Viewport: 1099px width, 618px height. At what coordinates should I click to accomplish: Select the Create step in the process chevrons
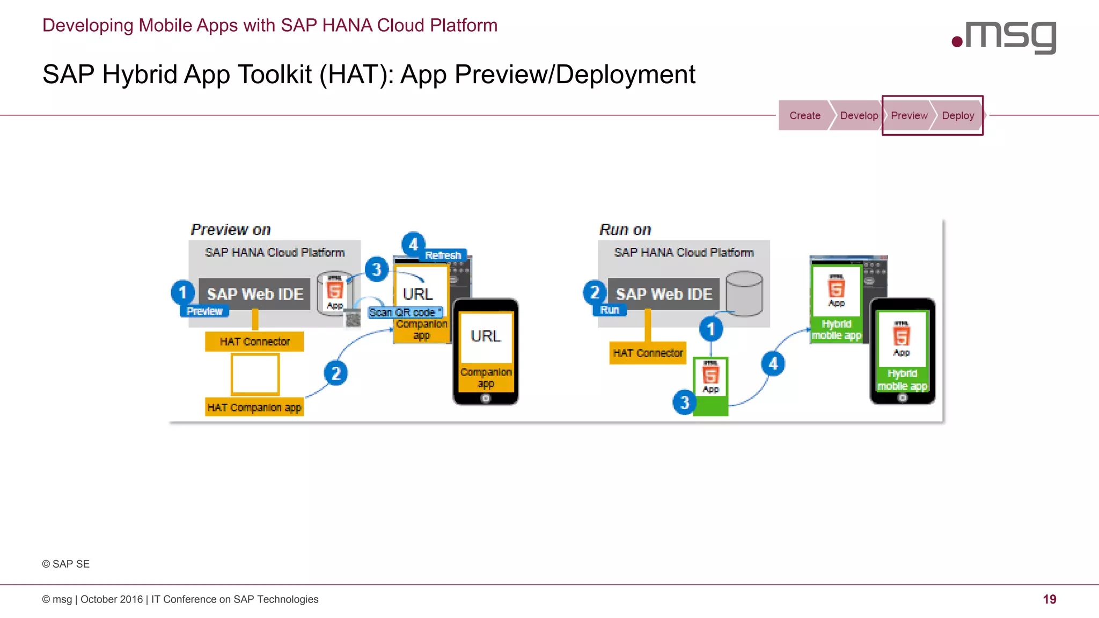click(804, 115)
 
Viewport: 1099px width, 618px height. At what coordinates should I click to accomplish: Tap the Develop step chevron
click(858, 115)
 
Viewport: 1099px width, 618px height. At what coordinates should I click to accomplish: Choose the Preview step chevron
click(908, 115)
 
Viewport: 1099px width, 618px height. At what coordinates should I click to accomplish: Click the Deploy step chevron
click(957, 115)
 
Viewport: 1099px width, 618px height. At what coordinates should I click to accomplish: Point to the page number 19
click(1049, 599)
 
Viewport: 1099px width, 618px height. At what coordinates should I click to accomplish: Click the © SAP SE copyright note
click(66, 564)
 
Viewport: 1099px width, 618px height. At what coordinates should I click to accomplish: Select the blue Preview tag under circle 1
click(204, 311)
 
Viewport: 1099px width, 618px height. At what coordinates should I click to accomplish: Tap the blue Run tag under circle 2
click(610, 310)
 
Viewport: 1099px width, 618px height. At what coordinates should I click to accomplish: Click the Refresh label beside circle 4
click(443, 255)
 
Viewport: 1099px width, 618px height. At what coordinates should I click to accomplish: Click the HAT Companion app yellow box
click(254, 407)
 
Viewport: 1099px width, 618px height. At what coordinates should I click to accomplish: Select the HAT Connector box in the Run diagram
click(648, 353)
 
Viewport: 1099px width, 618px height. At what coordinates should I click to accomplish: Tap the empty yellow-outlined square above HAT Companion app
click(255, 374)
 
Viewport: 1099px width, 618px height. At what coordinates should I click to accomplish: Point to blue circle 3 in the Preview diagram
click(377, 269)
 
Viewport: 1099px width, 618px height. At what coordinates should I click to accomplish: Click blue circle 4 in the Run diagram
click(773, 364)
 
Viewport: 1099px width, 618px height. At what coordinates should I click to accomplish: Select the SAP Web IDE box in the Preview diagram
click(255, 294)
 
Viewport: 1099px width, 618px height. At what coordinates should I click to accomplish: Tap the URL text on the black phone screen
click(486, 336)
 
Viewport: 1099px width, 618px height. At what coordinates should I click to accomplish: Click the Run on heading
click(625, 230)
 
